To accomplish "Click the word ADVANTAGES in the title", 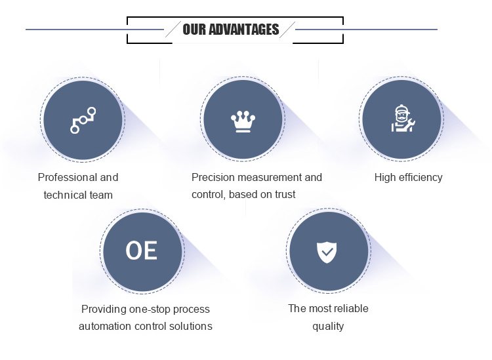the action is coord(243,30).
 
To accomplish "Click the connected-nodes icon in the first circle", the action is coord(83,120).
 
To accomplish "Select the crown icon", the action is coord(243,120).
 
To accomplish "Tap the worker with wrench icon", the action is coord(401,119).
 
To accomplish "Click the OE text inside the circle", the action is coord(142,250).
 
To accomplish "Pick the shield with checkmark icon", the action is coord(326,251).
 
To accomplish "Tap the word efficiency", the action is coord(420,178).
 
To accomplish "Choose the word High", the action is coord(385,178).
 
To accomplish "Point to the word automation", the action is coord(106,326).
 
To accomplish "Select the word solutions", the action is coord(191,326).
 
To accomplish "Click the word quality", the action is coord(328,326).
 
